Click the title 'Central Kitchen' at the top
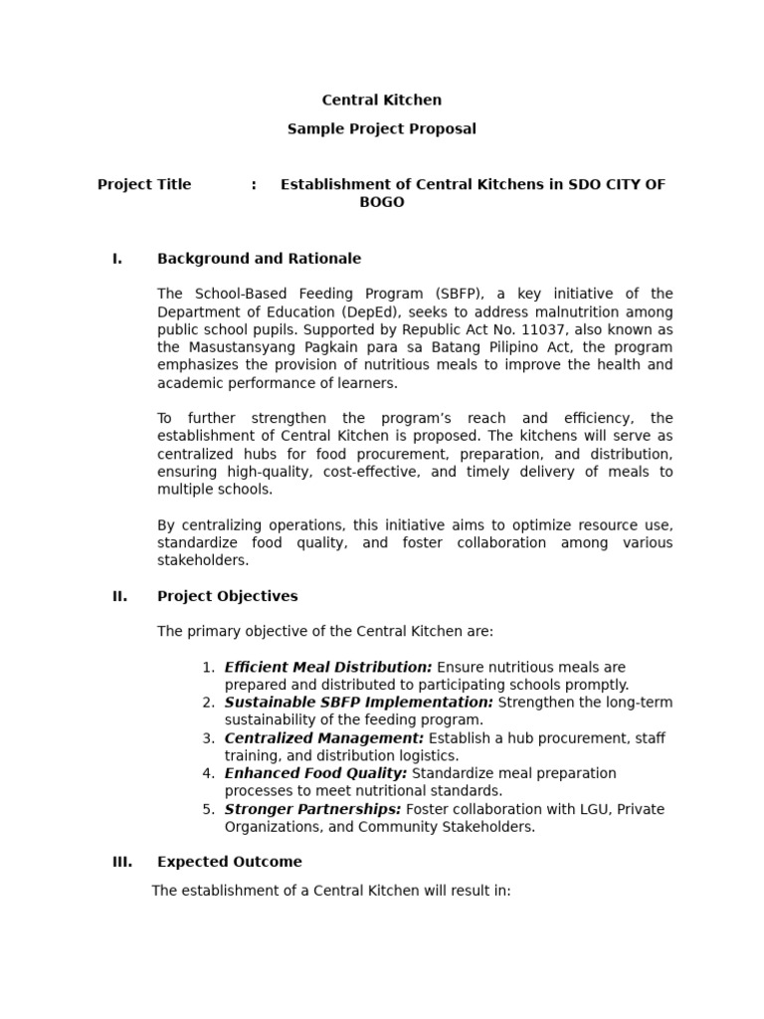click(382, 100)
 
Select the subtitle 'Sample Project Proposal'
click(382, 128)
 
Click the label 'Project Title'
click(144, 184)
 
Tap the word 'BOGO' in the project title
click(382, 202)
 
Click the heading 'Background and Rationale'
click(259, 259)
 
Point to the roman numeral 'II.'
click(119, 596)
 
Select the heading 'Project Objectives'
click(227, 596)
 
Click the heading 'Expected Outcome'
click(230, 862)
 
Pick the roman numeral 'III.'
click(122, 862)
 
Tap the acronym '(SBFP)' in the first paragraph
click(458, 294)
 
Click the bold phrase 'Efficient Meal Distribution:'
click(328, 667)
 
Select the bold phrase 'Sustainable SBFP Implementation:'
click(359, 703)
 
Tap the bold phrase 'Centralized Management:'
click(324, 738)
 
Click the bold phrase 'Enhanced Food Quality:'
click(315, 773)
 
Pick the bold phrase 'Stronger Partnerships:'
click(312, 809)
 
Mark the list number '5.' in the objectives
click(209, 809)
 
